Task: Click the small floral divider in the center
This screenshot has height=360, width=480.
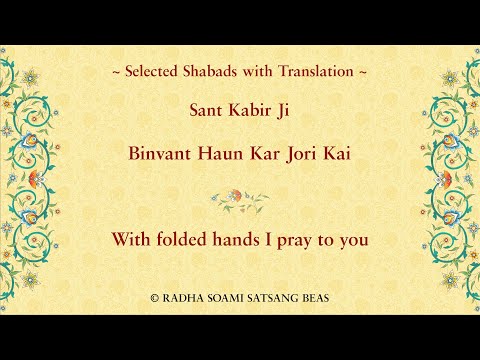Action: [x=240, y=199]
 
